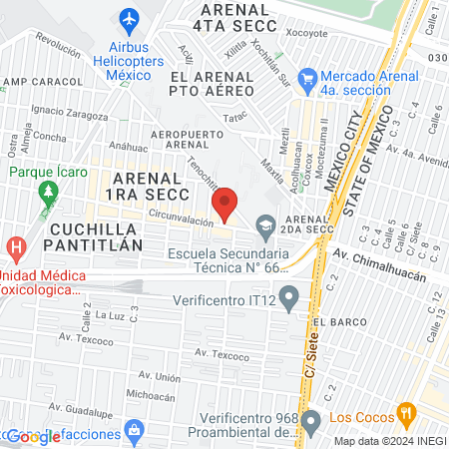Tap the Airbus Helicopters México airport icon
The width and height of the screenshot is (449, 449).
click(129, 19)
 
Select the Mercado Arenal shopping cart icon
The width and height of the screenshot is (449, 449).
click(307, 77)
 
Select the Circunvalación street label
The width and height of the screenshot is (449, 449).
click(182, 219)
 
